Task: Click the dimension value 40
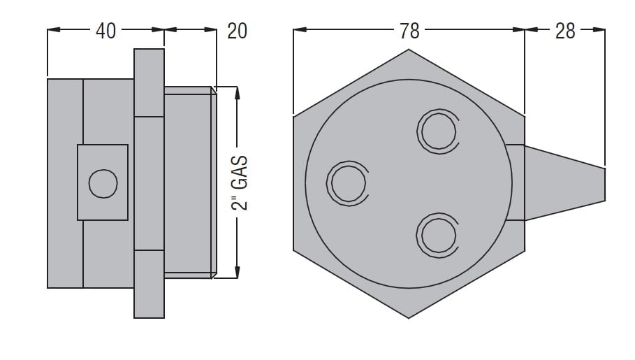coord(105,31)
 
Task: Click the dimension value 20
coord(237,31)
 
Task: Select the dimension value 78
coord(409,31)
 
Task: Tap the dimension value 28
coord(565,31)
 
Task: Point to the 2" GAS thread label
coord(240,183)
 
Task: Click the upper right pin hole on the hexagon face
coord(438,131)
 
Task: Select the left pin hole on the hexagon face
coord(348,183)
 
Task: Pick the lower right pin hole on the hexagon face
coord(438,235)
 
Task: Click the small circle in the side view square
coord(103,184)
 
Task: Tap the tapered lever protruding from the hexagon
coord(565,183)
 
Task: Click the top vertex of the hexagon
coord(409,50)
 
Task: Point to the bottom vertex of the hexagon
coord(409,318)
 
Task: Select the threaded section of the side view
coord(190,182)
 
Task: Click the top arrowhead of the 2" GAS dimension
coord(238,93)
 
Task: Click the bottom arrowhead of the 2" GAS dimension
coord(238,272)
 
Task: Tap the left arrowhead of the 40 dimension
coord(54,29)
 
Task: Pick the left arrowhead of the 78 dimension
coord(300,29)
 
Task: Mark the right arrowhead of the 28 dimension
coord(599,29)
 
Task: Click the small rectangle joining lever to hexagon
coord(516,183)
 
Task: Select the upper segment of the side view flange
coord(149,82)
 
